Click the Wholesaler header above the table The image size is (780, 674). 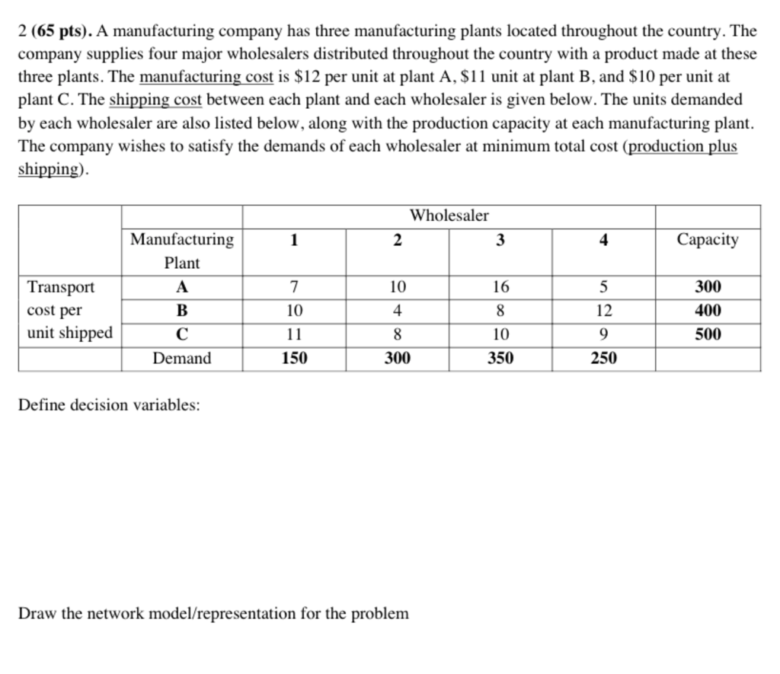[449, 216]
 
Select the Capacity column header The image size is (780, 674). [708, 240]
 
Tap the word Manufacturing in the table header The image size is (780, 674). [182, 240]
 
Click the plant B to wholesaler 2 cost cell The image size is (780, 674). [397, 311]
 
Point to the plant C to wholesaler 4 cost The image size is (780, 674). [603, 334]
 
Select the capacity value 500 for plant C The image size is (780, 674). [708, 334]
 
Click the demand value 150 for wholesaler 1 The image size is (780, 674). [294, 358]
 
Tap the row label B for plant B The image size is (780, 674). [182, 311]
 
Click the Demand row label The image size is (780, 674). [182, 358]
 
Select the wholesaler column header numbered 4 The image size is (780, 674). [603, 240]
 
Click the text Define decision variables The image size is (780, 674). [109, 405]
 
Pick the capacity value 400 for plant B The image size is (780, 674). [708, 311]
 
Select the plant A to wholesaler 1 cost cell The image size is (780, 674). [294, 287]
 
